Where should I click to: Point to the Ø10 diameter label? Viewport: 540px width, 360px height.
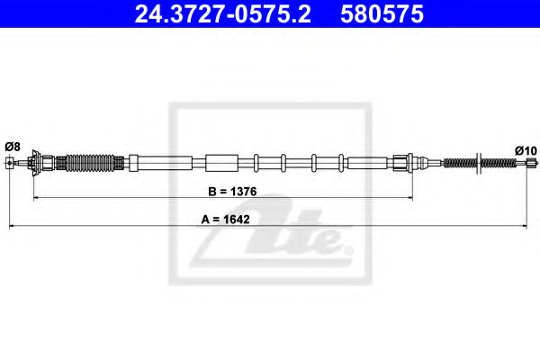coord(526,149)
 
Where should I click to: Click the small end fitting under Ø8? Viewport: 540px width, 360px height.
coord(11,162)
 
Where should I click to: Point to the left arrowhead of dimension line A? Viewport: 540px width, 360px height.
coord(12,226)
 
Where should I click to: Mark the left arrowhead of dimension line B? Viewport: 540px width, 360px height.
coord(36,197)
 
